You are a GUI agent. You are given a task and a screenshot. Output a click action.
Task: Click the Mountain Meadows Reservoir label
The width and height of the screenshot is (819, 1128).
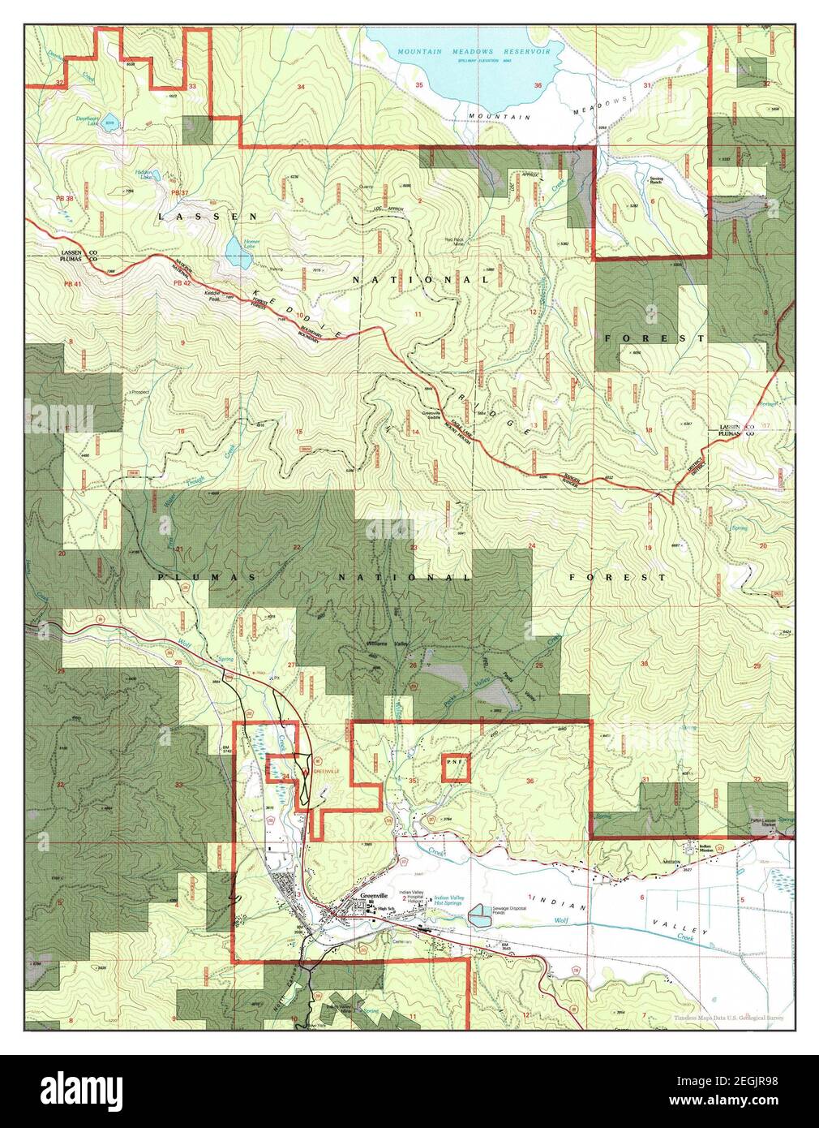pyautogui.click(x=474, y=51)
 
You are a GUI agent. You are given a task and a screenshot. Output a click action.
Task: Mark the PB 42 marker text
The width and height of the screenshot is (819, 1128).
pyautogui.click(x=183, y=283)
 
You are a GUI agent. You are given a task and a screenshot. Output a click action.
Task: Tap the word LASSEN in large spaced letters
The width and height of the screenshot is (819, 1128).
pyautogui.click(x=208, y=217)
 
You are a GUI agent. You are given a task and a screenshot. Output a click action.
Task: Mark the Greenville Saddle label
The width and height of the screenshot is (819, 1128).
pyautogui.click(x=439, y=414)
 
